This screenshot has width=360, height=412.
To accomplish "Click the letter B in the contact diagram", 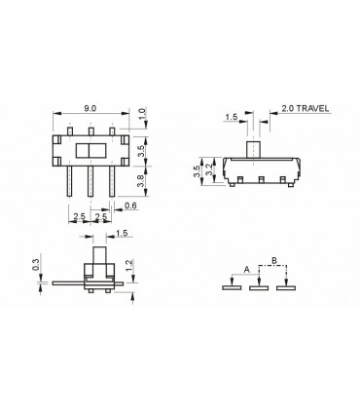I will pyautogui.click(x=274, y=260).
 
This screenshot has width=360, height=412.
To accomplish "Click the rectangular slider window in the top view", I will pyautogui.click(x=90, y=151).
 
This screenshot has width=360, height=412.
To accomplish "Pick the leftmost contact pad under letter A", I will pyautogui.click(x=231, y=286).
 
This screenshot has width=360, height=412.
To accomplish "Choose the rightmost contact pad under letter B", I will pyautogui.click(x=286, y=286).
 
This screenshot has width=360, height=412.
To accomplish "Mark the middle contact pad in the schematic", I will pyautogui.click(x=259, y=286).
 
